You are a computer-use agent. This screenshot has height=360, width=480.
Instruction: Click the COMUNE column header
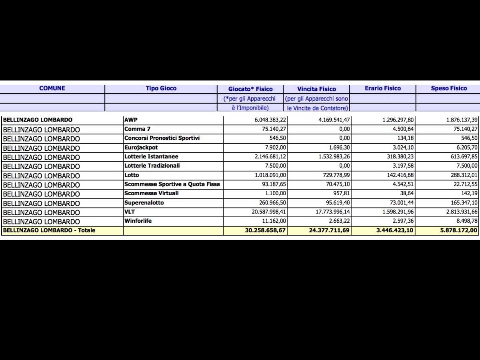coord(52,88)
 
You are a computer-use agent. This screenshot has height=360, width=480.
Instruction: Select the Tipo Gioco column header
coord(161,88)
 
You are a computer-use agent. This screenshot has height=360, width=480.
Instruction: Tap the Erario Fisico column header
coord(382,88)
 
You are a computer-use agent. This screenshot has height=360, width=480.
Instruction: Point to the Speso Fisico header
coord(449,88)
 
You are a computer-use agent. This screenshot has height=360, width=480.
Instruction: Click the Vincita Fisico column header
coord(316,89)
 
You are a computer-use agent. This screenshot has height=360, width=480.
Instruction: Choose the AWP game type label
coord(131,120)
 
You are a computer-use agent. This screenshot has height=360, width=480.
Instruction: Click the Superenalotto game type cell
coord(144,202)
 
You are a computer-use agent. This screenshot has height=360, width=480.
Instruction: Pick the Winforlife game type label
coord(138,221)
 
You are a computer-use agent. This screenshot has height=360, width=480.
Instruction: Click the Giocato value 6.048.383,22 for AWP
coord(266,120)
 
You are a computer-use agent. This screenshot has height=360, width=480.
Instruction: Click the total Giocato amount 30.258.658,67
coord(262,230)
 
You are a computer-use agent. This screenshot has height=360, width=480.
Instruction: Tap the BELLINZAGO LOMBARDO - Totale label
coord(49,230)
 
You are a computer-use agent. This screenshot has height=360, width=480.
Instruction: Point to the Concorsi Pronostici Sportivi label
coord(162,138)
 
